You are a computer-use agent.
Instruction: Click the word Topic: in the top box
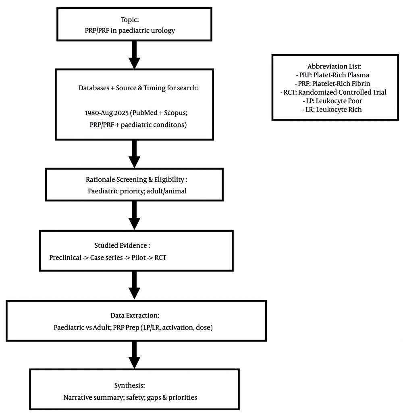(130, 20)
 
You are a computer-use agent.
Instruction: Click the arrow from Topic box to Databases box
(134, 55)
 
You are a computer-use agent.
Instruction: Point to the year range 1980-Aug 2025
(107, 113)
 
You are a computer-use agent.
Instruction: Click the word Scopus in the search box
(176, 113)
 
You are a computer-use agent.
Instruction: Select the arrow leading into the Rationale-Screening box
(134, 154)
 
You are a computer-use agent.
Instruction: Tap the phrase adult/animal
(166, 191)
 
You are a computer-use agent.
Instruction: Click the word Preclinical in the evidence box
(65, 257)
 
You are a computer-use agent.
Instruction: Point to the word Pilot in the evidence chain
(139, 257)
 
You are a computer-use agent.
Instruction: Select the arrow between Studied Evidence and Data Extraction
(134, 285)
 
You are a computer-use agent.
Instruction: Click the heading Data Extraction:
(135, 315)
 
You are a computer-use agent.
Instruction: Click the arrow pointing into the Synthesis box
(134, 355)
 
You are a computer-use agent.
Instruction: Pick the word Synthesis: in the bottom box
(129, 386)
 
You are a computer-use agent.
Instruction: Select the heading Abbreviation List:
(334, 66)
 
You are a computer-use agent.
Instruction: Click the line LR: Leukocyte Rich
(332, 110)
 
